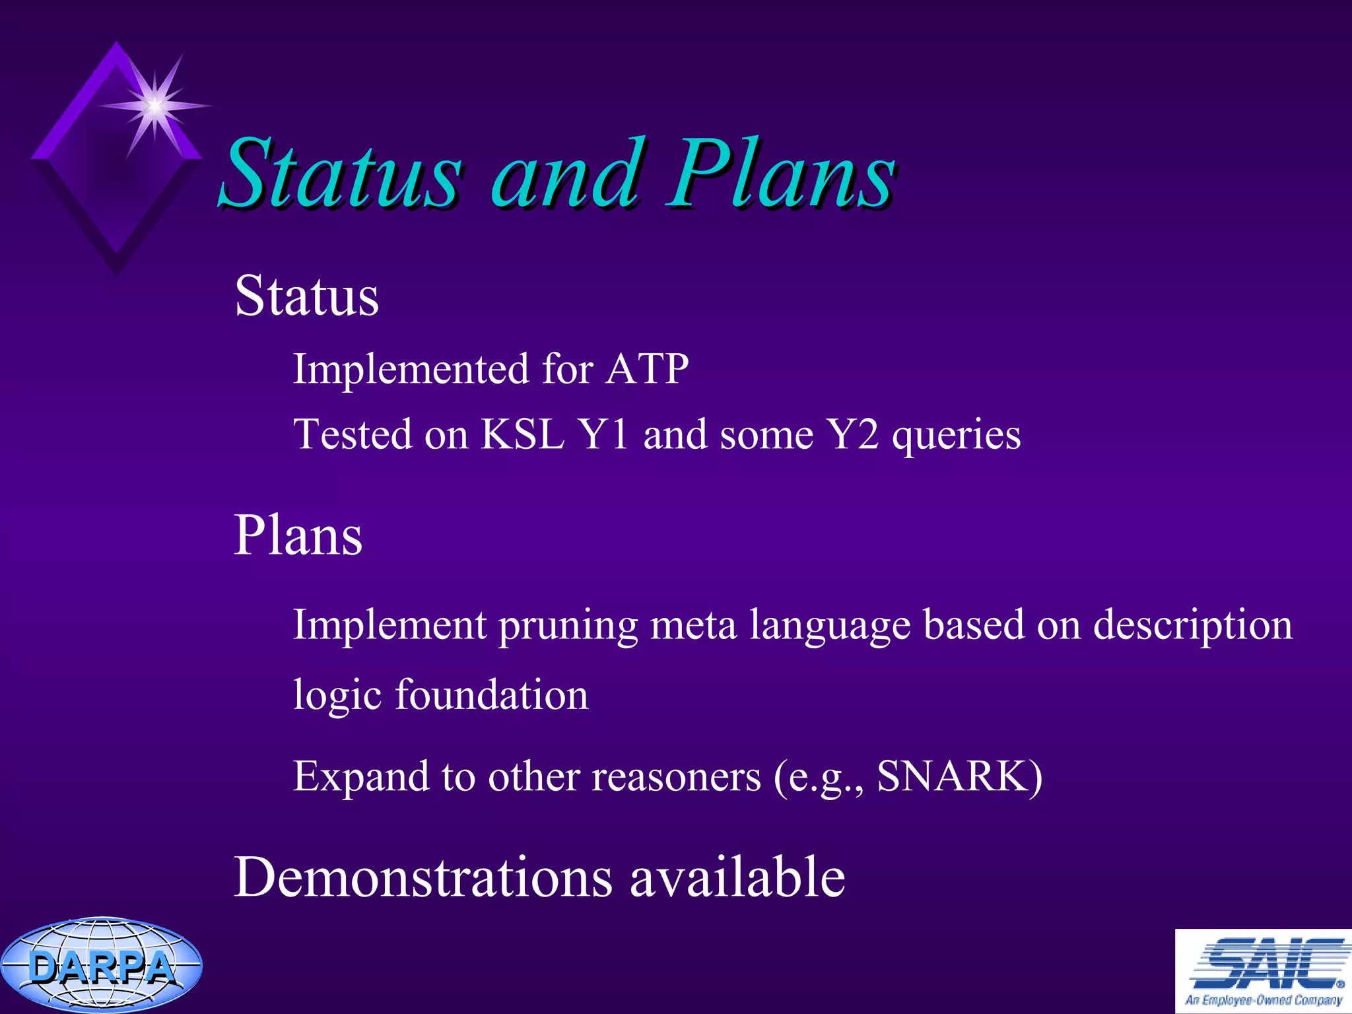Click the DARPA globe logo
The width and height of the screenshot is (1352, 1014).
pos(101,965)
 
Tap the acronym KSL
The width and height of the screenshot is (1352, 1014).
pos(522,434)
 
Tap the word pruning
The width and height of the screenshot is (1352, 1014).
pos(568,626)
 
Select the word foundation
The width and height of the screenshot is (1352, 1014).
pos(491,695)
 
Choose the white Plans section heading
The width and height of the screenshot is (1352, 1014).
pos(298,535)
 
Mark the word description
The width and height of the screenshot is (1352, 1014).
pos(1192,626)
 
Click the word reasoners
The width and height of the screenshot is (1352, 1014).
pos(676,776)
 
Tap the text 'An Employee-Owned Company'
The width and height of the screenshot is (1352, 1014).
pos(1264,999)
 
